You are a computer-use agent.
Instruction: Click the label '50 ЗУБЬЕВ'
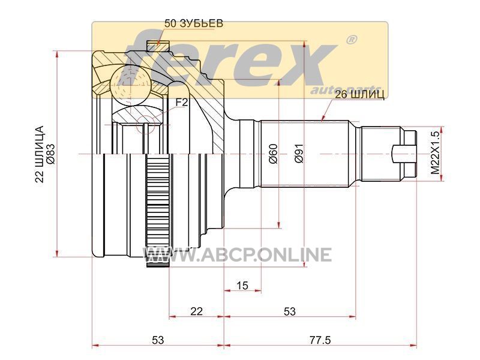(x=193, y=23)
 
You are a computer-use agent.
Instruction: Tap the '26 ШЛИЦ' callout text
(x=359, y=95)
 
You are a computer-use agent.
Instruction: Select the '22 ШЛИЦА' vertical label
(x=40, y=154)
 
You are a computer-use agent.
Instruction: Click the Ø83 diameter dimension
(x=50, y=154)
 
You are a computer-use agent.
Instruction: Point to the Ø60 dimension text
(x=273, y=154)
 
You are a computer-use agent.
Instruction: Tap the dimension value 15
(x=242, y=286)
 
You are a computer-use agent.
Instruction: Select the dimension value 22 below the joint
(x=197, y=311)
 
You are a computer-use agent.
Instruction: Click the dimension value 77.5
(x=320, y=340)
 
